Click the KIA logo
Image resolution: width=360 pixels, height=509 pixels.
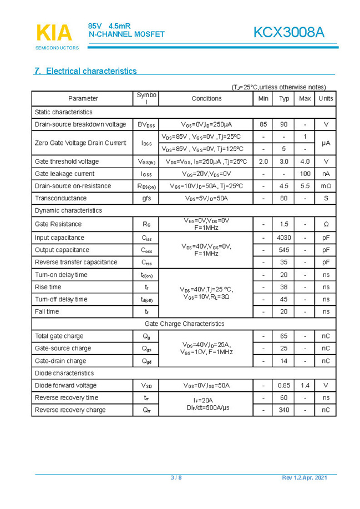tap(54, 33)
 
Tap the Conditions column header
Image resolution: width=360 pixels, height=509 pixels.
tap(206, 98)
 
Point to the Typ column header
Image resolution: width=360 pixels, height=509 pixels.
tap(284, 98)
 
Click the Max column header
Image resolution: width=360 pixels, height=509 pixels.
tap(305, 98)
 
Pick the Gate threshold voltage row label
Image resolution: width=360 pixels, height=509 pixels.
tap(67, 162)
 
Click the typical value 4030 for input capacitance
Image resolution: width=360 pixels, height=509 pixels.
tap(284, 238)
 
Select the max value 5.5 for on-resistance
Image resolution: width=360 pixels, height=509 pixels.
tap(305, 186)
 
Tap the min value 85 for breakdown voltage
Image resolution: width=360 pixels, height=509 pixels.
tap(263, 124)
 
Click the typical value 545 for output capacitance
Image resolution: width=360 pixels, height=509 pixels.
tap(284, 250)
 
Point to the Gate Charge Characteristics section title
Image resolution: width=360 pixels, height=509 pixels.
tap(184, 324)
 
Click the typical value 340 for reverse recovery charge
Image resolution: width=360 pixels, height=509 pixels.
tap(284, 410)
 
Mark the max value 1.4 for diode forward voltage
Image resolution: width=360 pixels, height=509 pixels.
tap(305, 385)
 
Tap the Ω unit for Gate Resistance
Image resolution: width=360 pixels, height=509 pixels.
tap(326, 224)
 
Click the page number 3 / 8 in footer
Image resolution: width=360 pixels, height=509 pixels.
tap(176, 478)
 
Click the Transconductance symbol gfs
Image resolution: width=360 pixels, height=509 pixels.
tap(146, 198)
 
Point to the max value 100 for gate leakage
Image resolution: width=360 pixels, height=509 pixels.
tap(305, 174)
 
